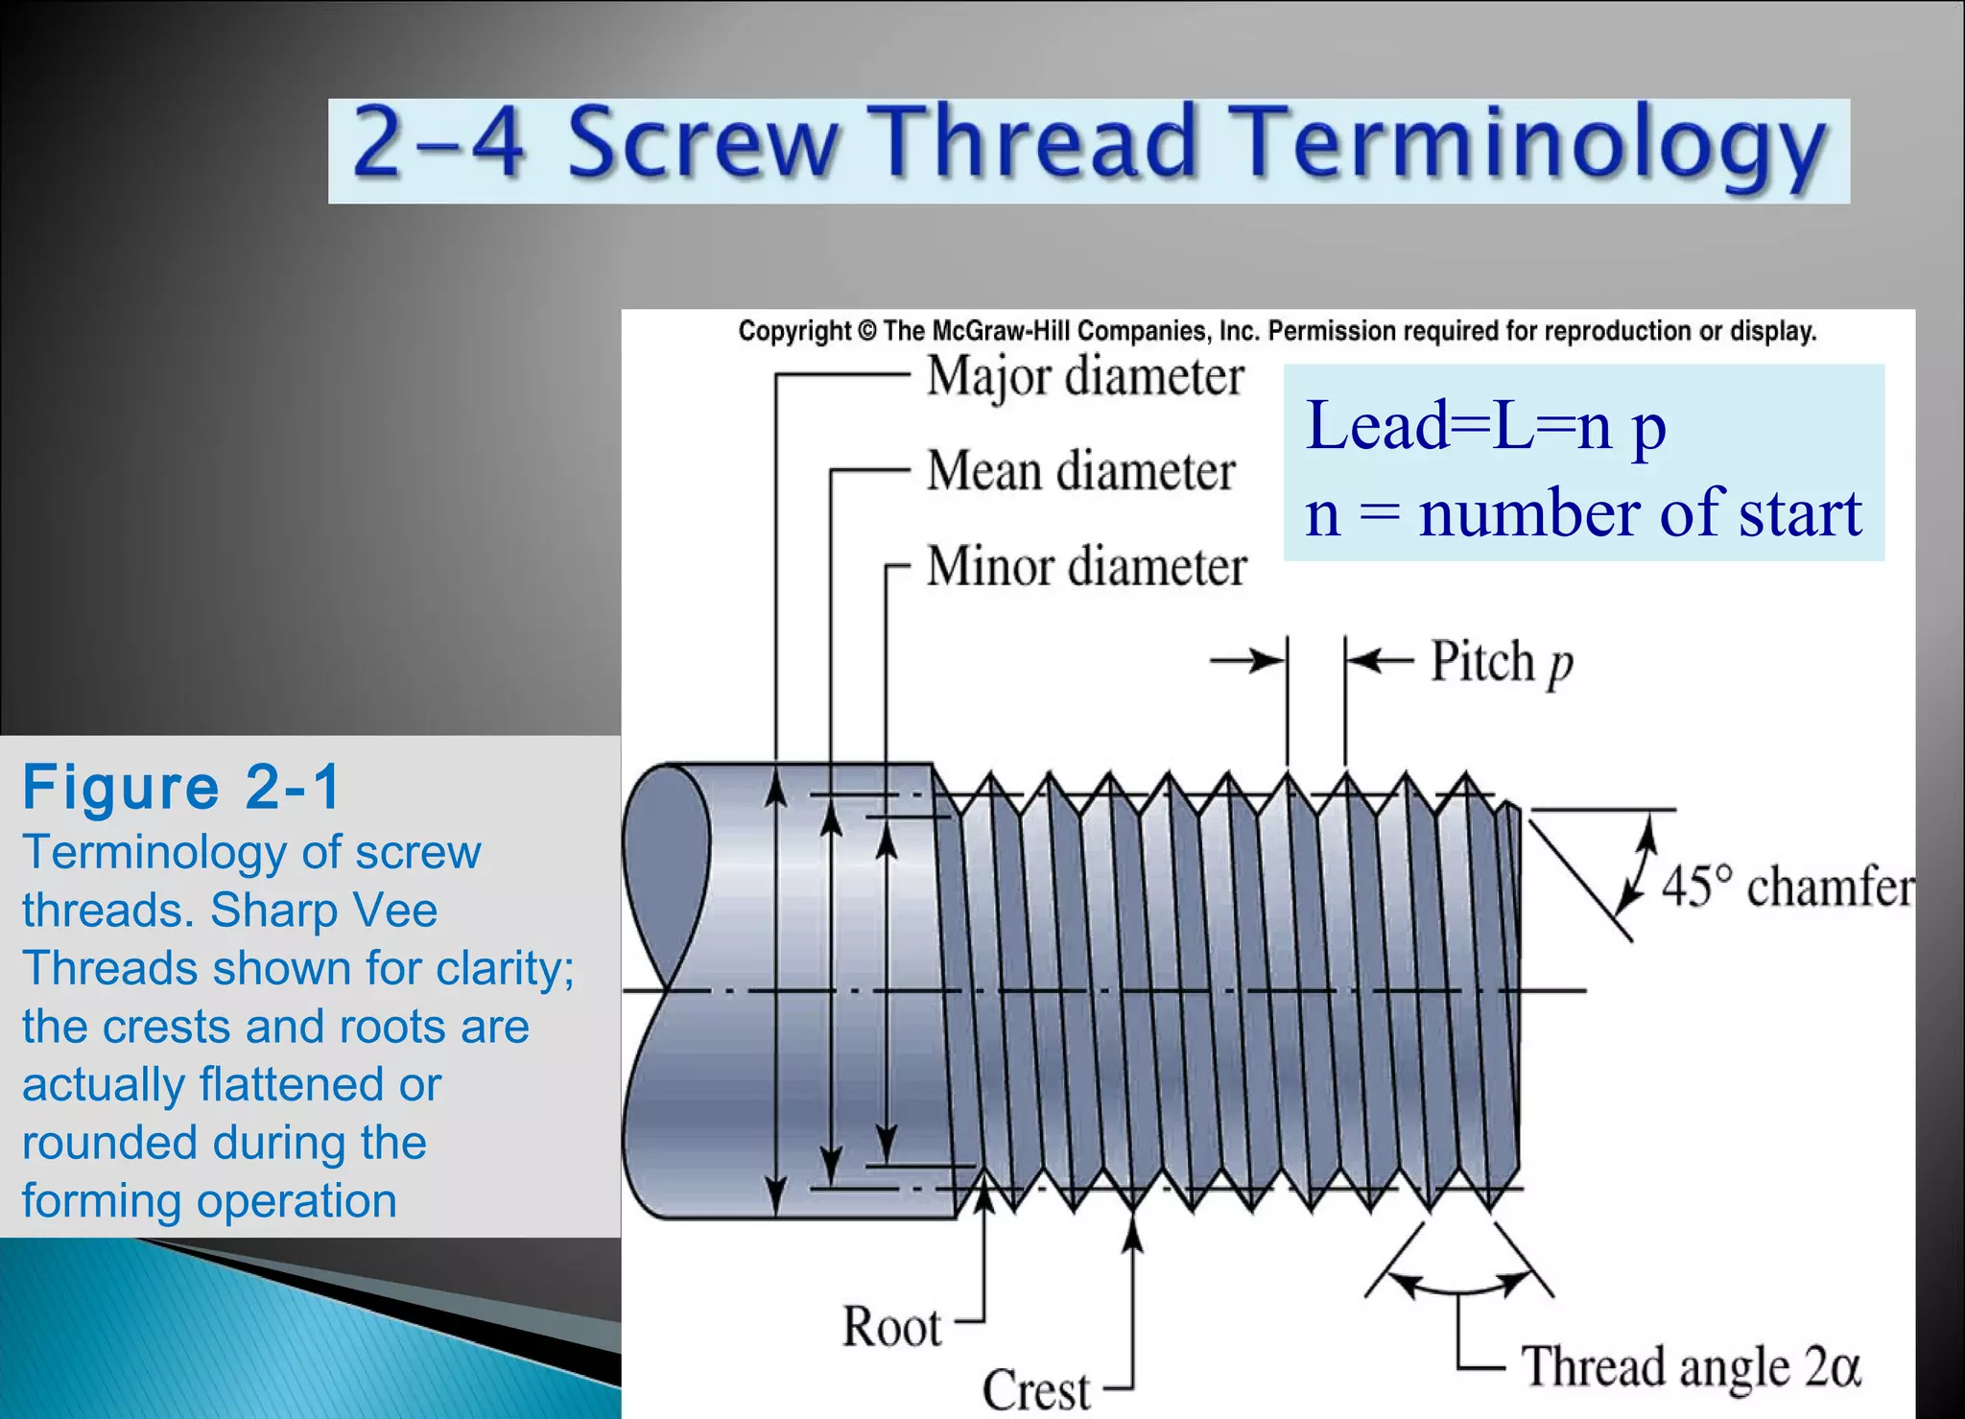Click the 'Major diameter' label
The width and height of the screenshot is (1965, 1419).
(x=1084, y=377)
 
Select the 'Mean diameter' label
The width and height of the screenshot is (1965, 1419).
(x=1080, y=471)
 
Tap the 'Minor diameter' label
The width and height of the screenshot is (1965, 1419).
(x=1086, y=566)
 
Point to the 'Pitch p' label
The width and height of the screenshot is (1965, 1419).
(x=1502, y=662)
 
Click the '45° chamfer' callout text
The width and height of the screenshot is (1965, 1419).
(x=1787, y=886)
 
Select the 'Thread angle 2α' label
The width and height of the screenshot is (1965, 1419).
(x=1691, y=1366)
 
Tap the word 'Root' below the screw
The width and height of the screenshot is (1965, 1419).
(x=891, y=1327)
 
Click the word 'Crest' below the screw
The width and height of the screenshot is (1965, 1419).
(x=1036, y=1390)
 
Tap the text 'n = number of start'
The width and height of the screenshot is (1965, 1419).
(x=1583, y=513)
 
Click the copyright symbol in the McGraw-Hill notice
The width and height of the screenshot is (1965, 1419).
(x=866, y=332)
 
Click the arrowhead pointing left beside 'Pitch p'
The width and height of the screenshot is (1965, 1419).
(x=1362, y=660)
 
